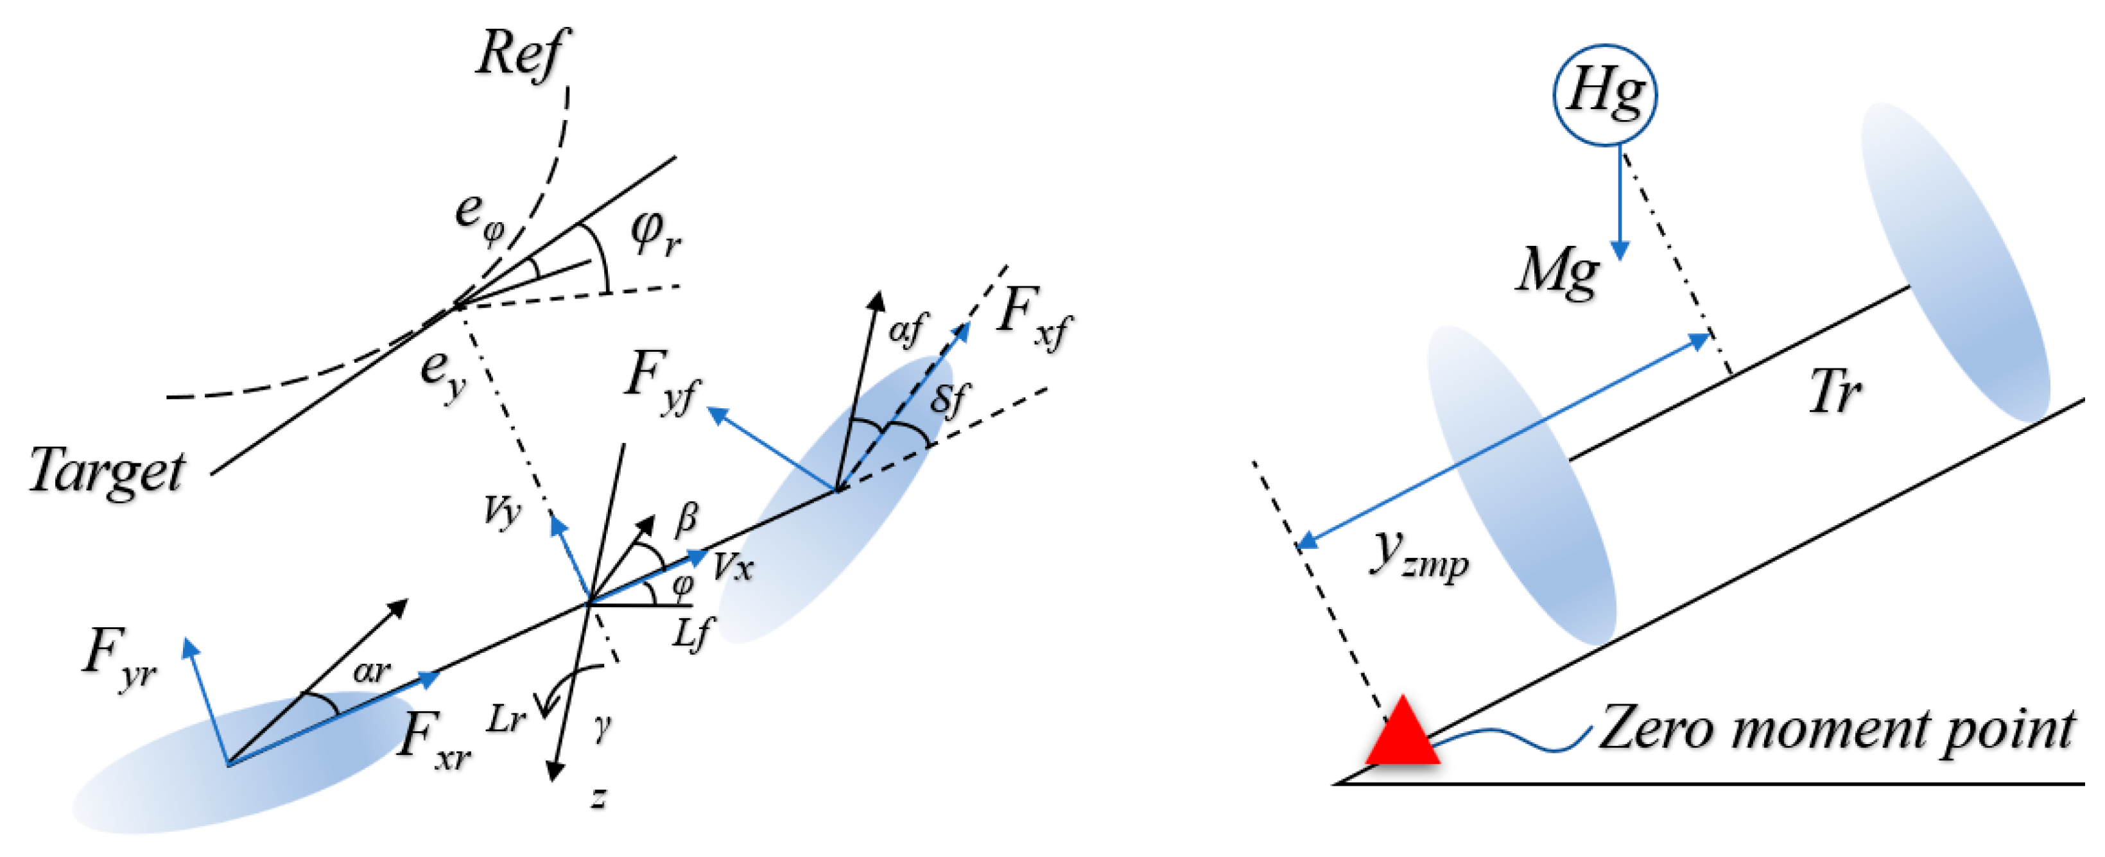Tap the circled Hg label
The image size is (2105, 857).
pyautogui.click(x=1605, y=94)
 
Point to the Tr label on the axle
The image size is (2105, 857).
pyautogui.click(x=1835, y=393)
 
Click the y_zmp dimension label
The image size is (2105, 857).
pyautogui.click(x=1417, y=555)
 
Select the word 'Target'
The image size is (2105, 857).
pyautogui.click(x=106, y=473)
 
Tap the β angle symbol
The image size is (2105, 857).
pyautogui.click(x=686, y=519)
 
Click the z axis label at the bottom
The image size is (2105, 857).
pyautogui.click(x=599, y=797)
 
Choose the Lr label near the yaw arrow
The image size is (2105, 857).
pyautogui.click(x=507, y=719)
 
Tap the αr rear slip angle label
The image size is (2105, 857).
pyautogui.click(x=372, y=671)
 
